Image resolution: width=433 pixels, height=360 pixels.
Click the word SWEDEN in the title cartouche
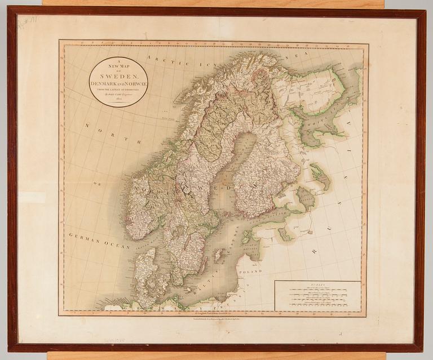coord(118,74)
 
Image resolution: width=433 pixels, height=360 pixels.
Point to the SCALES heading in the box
coord(317,285)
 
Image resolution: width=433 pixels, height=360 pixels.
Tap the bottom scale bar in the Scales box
coord(317,307)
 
